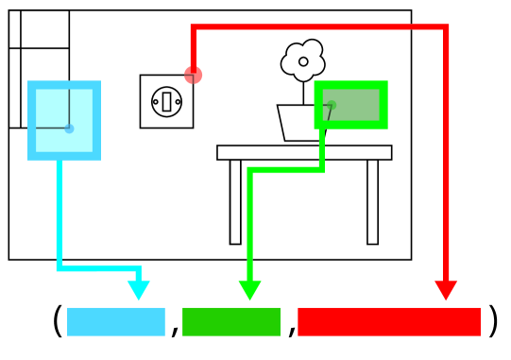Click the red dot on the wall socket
194,75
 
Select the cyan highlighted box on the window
64,120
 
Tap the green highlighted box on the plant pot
351,104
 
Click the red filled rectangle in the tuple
389,321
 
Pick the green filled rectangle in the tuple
231,321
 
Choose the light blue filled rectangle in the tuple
115,321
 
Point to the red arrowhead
446,290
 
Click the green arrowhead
249,291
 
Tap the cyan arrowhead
139,291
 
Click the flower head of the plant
303,60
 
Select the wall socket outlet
166,101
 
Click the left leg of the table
235,202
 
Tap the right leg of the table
373,202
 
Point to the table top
304,152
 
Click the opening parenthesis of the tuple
58,321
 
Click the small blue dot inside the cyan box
69,129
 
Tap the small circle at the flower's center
303,61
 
